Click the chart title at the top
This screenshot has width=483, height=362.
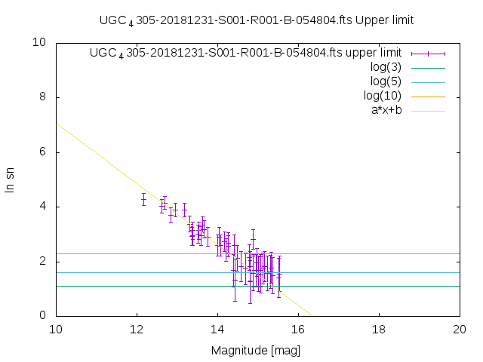[x=257, y=20]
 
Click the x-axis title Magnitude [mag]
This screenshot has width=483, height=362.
[x=257, y=350]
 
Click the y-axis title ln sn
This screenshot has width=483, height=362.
[x=10, y=179]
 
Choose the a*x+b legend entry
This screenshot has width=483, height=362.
[x=386, y=110]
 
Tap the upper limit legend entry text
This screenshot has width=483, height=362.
[x=245, y=53]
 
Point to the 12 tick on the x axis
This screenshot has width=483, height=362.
[x=137, y=329]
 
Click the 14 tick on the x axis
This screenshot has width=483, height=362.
[x=217, y=329]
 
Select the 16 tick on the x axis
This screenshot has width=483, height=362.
[x=298, y=329]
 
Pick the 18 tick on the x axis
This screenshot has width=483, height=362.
[x=379, y=329]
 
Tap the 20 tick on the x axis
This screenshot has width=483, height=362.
[x=460, y=329]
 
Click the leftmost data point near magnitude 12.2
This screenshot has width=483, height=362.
[x=143, y=199]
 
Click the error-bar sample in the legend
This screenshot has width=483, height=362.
[x=428, y=53]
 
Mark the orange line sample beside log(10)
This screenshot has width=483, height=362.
[x=428, y=96]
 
